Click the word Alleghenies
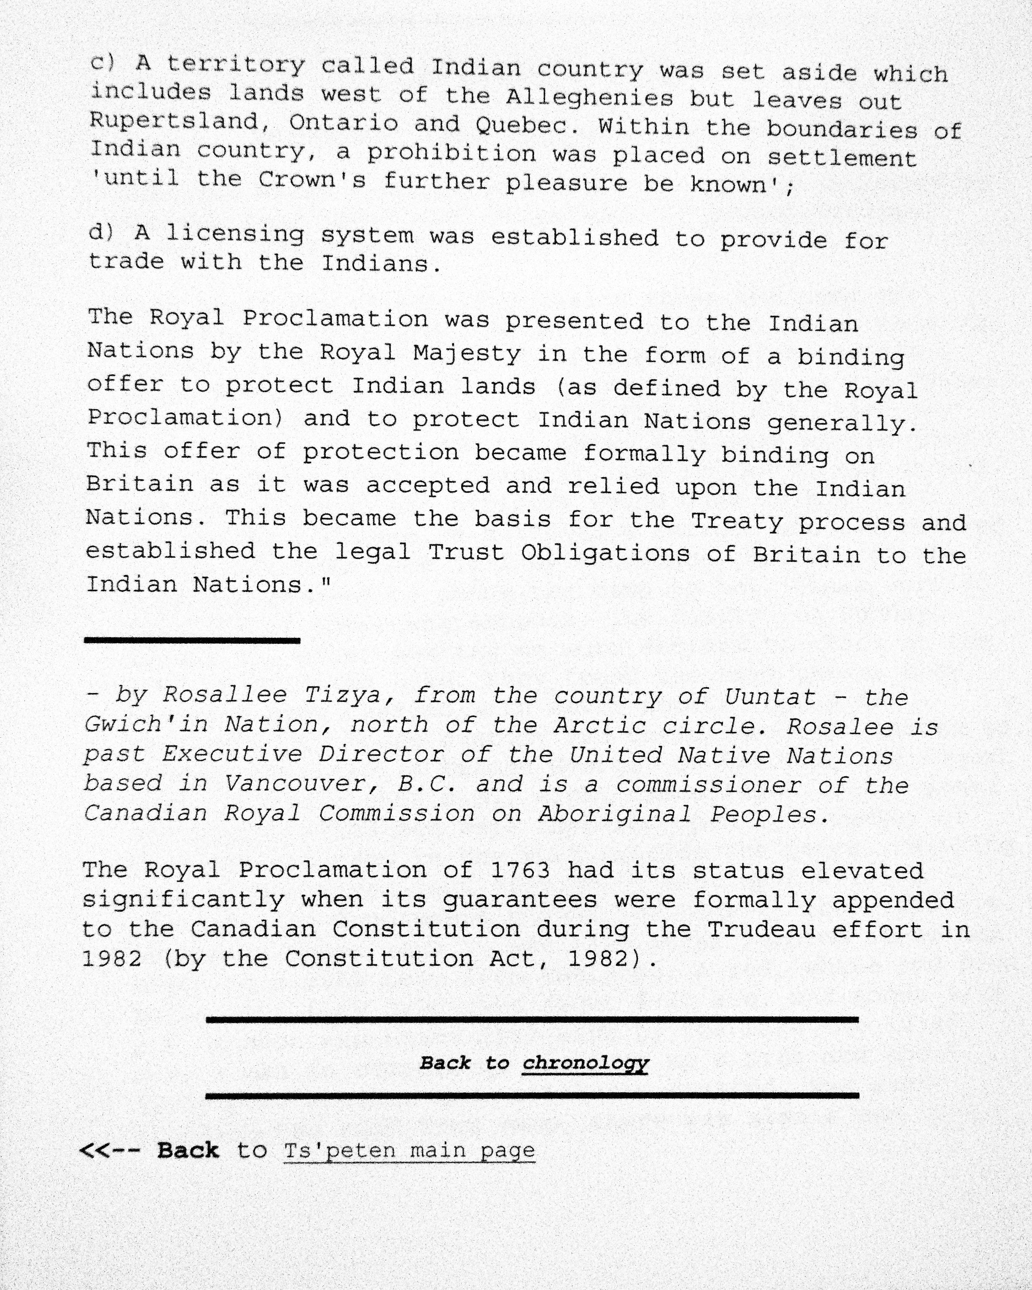point(589,97)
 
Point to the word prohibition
point(451,154)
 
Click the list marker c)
point(102,62)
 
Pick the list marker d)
point(101,232)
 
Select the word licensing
point(235,234)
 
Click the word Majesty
point(466,354)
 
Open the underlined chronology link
point(585,1063)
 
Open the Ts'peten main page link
point(409,1150)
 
